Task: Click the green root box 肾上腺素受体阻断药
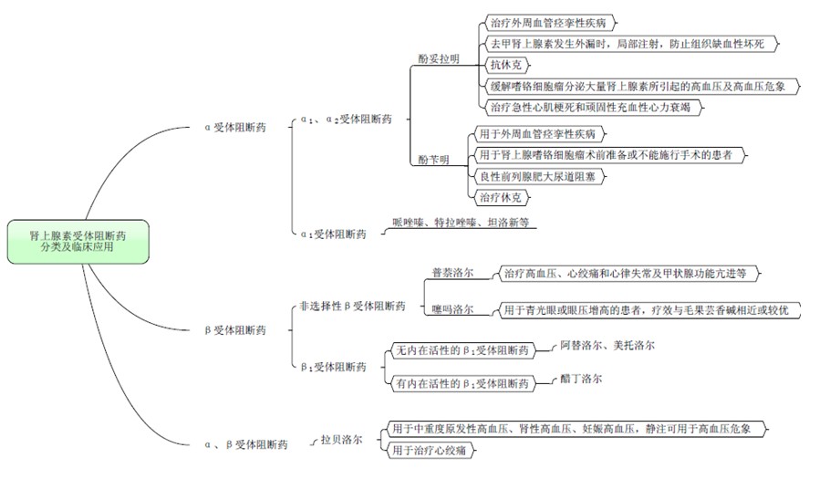78,241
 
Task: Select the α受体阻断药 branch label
235,128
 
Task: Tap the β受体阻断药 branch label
235,329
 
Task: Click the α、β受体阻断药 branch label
246,444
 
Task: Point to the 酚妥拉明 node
439,58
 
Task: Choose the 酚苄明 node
433,161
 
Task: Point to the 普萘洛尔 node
452,272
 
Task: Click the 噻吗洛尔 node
452,311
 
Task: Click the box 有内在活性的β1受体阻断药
462,383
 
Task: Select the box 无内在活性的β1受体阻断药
462,350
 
